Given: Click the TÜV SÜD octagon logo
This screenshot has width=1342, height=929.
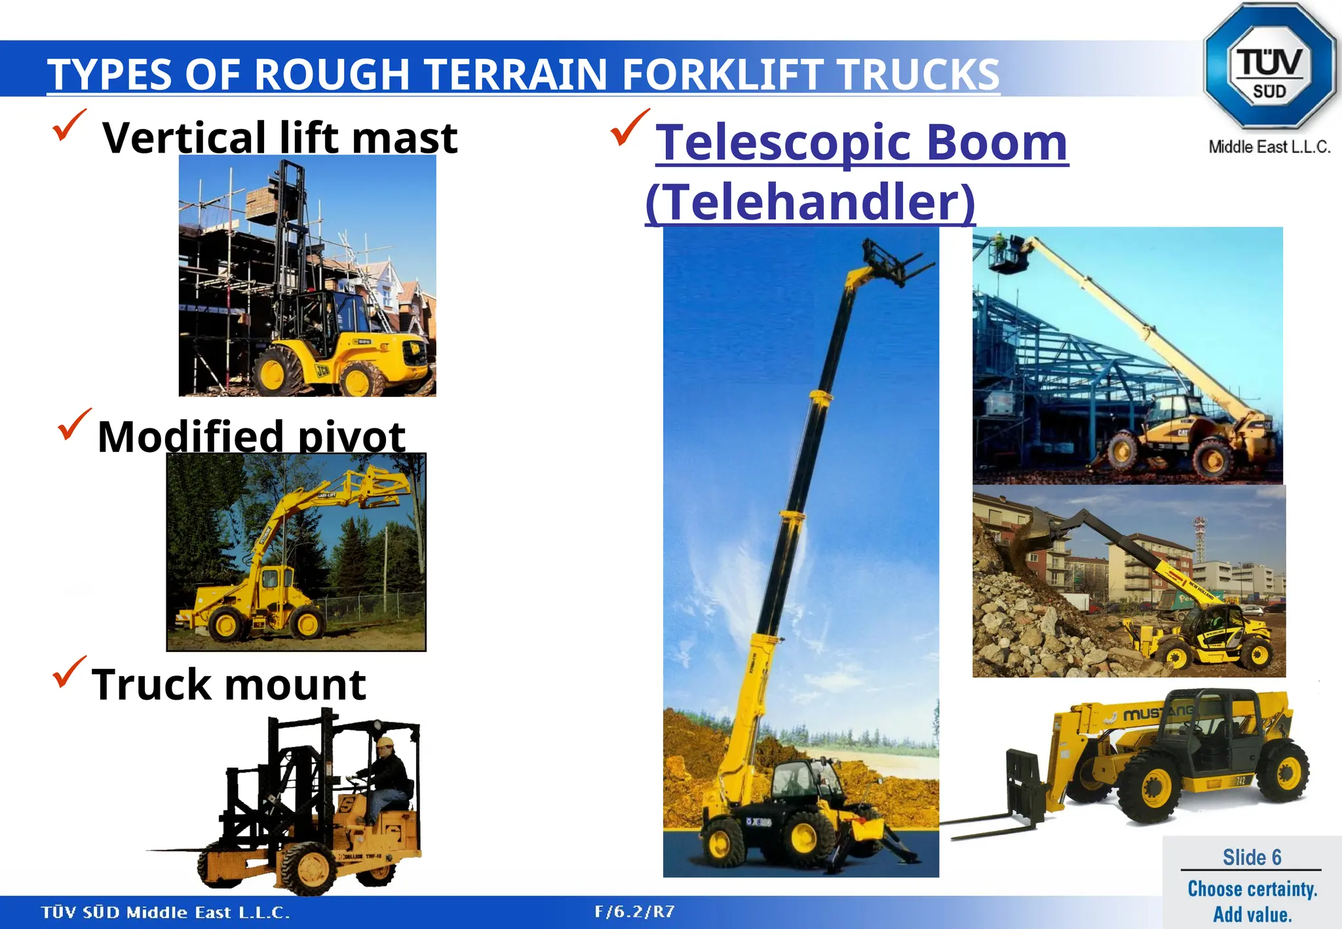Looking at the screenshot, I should pyautogui.click(x=1269, y=66).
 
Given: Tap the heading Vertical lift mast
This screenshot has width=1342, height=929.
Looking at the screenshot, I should pyautogui.click(x=280, y=138).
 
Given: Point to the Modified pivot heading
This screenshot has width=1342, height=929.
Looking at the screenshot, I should pyautogui.click(x=251, y=436).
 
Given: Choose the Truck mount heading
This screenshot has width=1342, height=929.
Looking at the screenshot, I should pyautogui.click(x=229, y=685).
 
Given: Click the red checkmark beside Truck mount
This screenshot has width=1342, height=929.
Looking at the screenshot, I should pyautogui.click(x=69, y=672).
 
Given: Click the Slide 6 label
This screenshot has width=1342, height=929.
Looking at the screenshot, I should pyautogui.click(x=1252, y=857).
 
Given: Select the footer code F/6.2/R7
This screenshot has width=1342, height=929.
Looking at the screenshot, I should pyautogui.click(x=634, y=912).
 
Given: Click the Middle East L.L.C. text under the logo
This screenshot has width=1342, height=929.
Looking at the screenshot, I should pyautogui.click(x=1269, y=147).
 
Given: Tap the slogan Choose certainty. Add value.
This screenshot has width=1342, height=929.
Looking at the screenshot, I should pyautogui.click(x=1252, y=901).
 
